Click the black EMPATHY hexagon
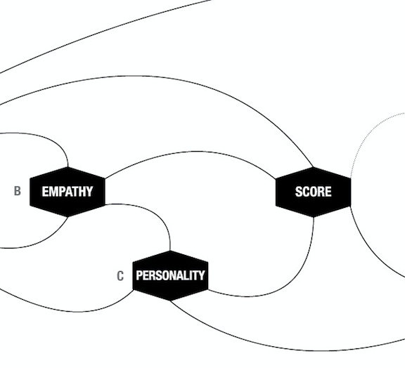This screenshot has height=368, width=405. tap(67, 192)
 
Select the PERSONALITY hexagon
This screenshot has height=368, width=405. tap(170, 275)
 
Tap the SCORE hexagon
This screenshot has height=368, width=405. tap(314, 192)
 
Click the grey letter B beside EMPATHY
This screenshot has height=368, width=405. tap(18, 191)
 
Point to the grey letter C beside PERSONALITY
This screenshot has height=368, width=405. tap(120, 276)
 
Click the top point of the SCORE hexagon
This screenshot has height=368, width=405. tap(314, 167)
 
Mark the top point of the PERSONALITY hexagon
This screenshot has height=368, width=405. tap(170, 251)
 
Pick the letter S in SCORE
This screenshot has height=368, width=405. tap(299, 192)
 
